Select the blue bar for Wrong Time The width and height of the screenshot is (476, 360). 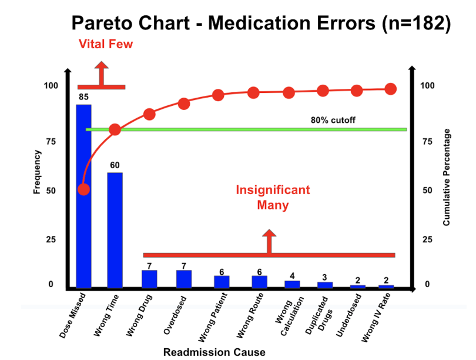pos(115,229)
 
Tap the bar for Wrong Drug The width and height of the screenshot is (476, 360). pos(150,278)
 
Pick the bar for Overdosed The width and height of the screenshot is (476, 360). pos(184,278)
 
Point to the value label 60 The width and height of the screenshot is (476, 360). pos(115,165)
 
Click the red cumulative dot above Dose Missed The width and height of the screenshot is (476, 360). pos(83,189)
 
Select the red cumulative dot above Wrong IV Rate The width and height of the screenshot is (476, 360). pos(391,89)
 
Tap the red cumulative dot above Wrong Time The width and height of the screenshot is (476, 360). pos(115,129)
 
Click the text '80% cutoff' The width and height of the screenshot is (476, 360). pos(333,120)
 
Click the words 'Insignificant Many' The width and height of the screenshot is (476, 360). pos(273,198)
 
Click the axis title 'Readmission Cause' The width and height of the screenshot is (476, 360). pos(214,352)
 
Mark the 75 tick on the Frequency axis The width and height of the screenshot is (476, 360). pos(52,142)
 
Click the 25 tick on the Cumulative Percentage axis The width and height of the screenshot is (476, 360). pos(427,239)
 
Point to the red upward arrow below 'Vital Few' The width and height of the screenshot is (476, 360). pos(101,74)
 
